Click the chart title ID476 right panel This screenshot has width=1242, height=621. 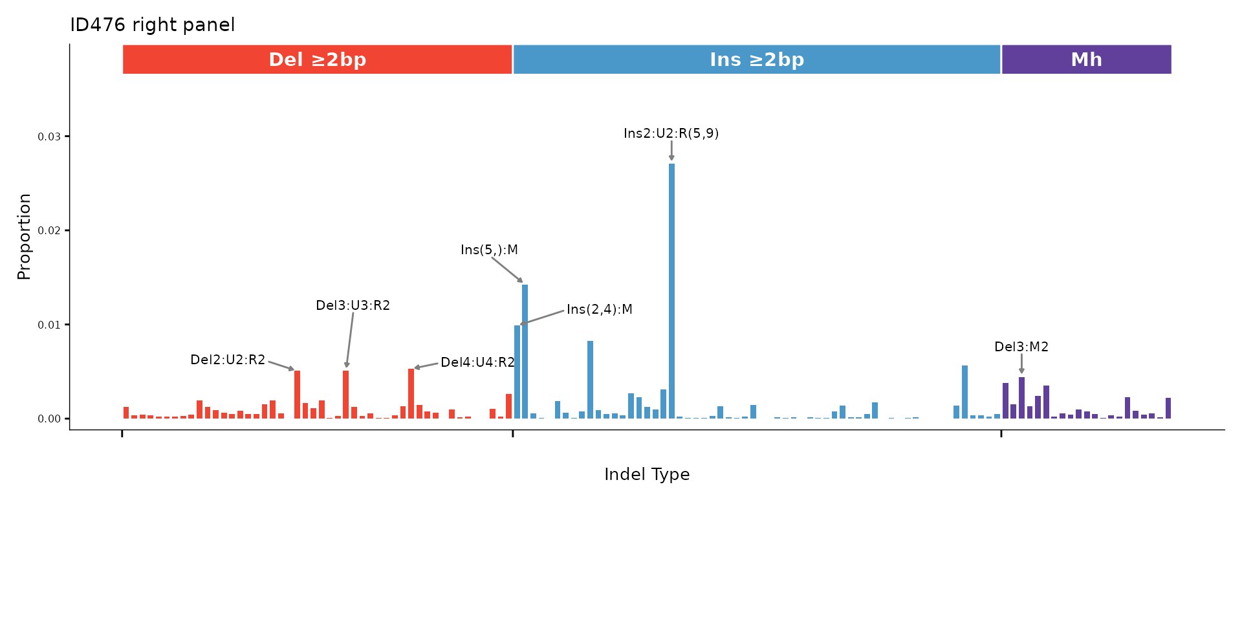click(152, 25)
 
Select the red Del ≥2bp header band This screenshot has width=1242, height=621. click(317, 60)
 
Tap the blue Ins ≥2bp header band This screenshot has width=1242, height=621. click(756, 60)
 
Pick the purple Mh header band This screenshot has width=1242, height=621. click(1086, 60)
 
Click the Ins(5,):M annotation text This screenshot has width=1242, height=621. click(489, 250)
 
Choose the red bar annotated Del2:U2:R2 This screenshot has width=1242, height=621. click(297, 395)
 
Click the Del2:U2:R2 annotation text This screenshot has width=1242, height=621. click(228, 360)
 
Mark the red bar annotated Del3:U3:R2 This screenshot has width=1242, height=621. click(346, 395)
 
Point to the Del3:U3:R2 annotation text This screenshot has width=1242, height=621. click(353, 305)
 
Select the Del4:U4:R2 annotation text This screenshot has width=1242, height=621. click(477, 362)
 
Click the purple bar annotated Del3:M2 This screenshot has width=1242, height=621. click(1021, 398)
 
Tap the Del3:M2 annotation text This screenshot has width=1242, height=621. click(1021, 347)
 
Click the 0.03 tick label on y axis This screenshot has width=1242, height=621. click(49, 136)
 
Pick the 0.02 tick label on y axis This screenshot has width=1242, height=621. click(49, 231)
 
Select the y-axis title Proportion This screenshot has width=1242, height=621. click(24, 236)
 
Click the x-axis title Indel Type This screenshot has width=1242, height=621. click(647, 475)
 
